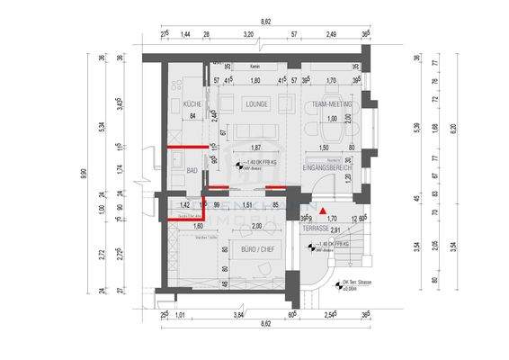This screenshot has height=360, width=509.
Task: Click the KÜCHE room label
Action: [192, 104]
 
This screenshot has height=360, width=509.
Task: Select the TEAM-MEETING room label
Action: [331, 104]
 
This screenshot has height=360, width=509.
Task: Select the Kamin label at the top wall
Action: [255, 67]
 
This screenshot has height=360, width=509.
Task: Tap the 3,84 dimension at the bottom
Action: [239, 314]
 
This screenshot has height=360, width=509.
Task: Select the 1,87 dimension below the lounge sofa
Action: [255, 148]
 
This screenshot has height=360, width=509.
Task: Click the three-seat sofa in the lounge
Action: [255, 132]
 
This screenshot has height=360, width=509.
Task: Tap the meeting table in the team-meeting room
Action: [332, 126]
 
